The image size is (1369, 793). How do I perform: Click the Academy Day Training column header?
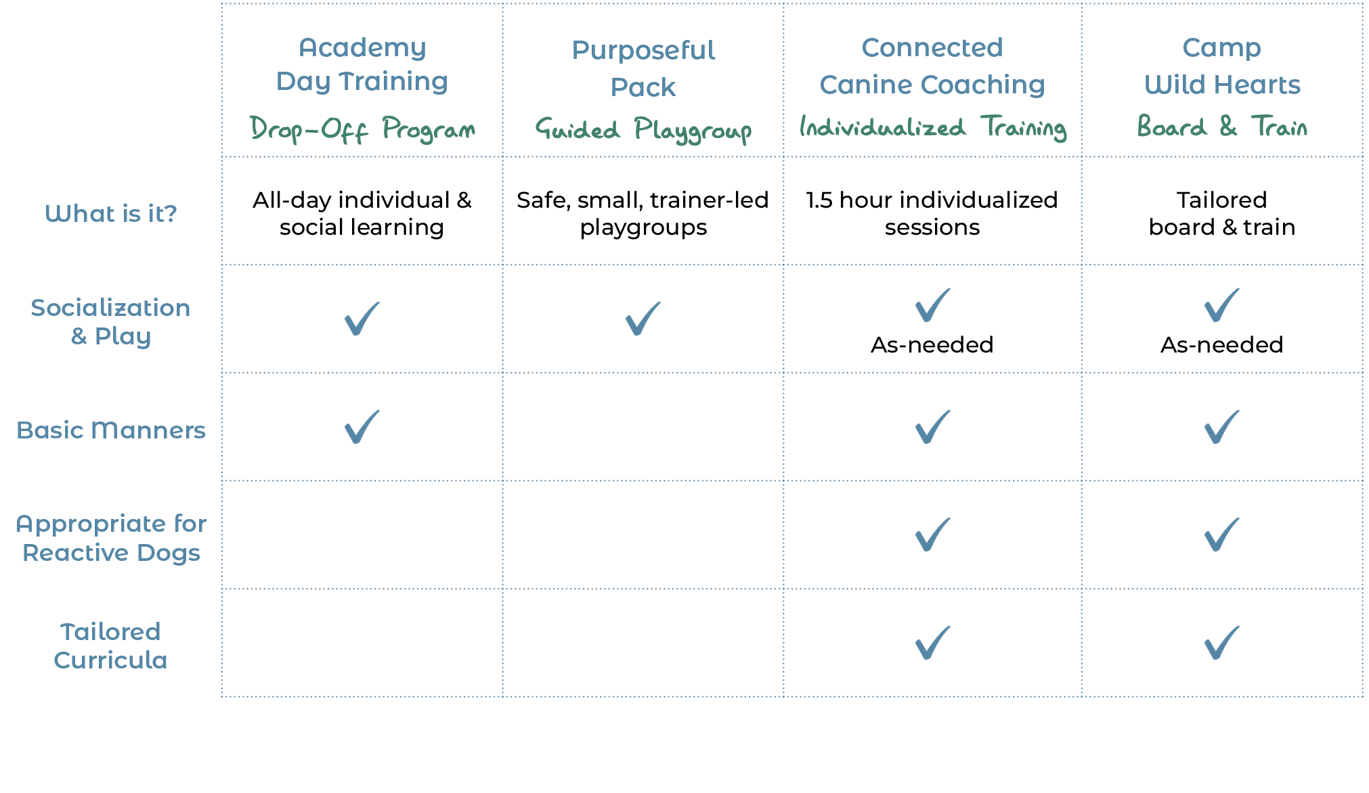[x=362, y=64]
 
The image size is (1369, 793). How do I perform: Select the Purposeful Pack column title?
[x=643, y=68]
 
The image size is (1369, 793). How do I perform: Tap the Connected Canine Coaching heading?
[x=932, y=66]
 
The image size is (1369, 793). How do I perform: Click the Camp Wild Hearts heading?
[x=1222, y=66]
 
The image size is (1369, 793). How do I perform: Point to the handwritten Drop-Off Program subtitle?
[x=362, y=129]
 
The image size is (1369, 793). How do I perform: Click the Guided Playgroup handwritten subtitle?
[x=643, y=129]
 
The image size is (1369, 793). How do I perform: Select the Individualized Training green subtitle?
[x=932, y=127]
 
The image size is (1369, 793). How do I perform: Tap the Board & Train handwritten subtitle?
[x=1222, y=127]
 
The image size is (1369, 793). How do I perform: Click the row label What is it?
[x=111, y=214]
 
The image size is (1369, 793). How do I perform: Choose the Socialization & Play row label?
[x=111, y=321]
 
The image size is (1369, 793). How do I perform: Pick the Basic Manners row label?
[x=111, y=430]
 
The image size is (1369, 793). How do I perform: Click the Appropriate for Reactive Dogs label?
[x=111, y=538]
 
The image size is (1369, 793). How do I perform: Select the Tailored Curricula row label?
[x=111, y=645]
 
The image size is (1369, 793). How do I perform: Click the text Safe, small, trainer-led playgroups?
[x=643, y=214]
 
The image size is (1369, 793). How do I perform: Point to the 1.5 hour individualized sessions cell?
[x=932, y=214]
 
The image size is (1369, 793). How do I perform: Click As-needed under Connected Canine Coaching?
[x=932, y=345]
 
